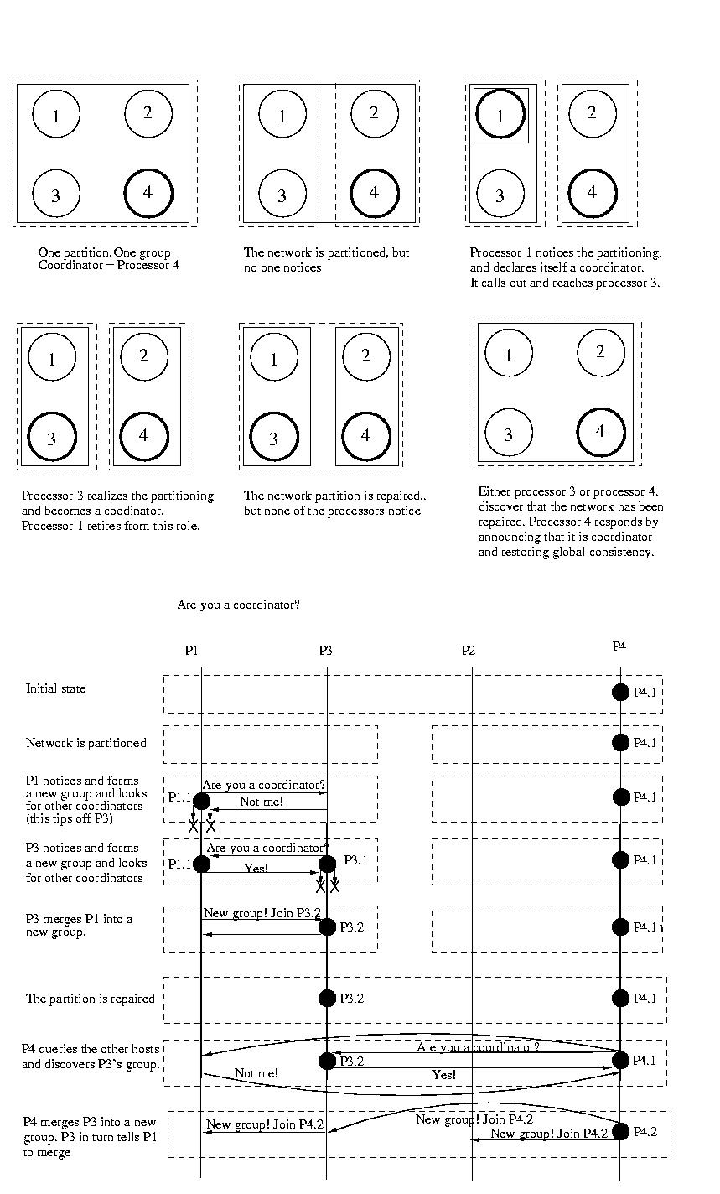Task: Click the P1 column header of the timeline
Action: click(x=191, y=650)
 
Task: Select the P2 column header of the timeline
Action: click(x=468, y=651)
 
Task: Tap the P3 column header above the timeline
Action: click(x=325, y=650)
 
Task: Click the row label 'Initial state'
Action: click(x=55, y=688)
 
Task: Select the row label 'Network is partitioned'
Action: click(x=85, y=743)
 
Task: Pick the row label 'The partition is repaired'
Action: click(x=90, y=999)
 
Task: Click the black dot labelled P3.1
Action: click(x=327, y=864)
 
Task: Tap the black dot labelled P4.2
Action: click(x=620, y=1131)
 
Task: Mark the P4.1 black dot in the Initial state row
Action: click(x=620, y=692)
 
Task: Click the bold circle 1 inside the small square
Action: click(x=500, y=115)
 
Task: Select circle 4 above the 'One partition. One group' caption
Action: click(x=148, y=192)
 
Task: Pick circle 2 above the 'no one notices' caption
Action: click(x=374, y=112)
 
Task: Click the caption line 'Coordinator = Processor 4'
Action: click(x=109, y=266)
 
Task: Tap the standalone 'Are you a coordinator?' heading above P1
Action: click(x=238, y=605)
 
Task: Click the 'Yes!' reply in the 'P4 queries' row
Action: click(x=443, y=1074)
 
